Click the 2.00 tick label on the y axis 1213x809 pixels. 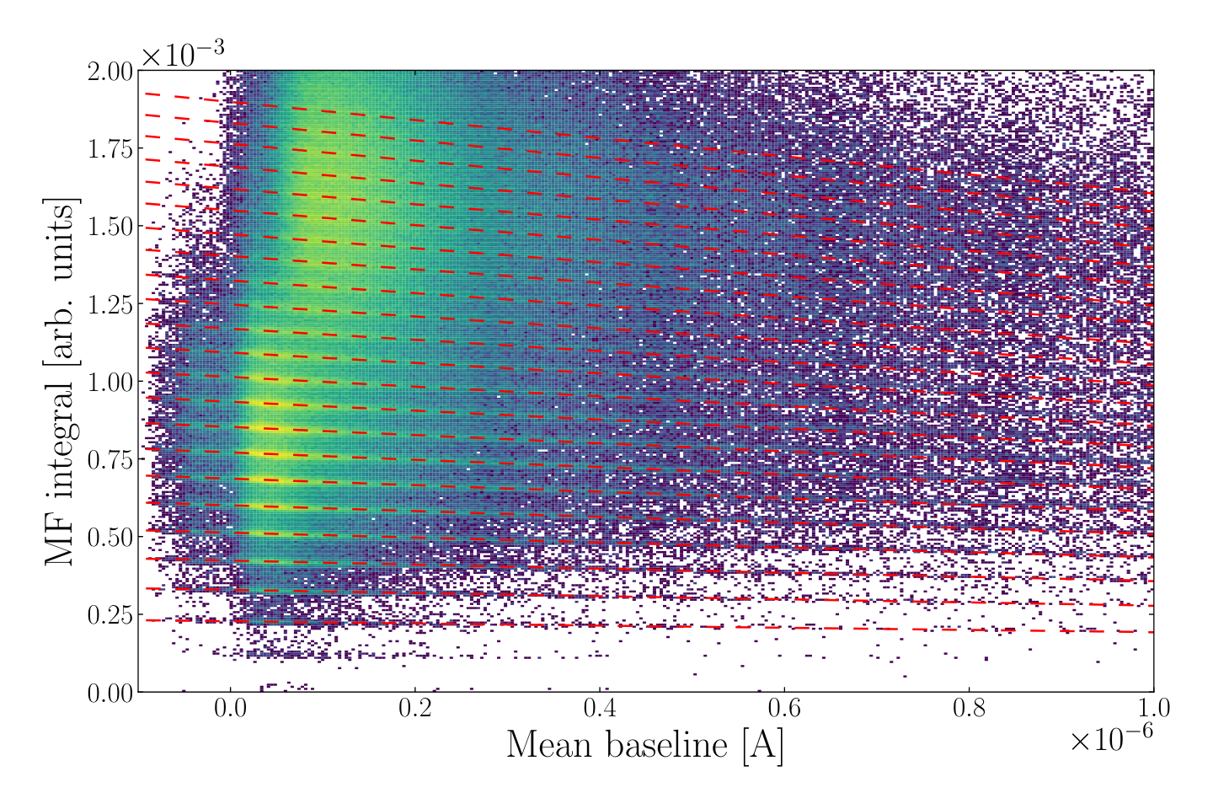(110, 72)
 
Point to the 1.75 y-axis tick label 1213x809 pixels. (110, 149)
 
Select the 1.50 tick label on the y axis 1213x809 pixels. (110, 227)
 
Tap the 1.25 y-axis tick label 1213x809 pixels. (110, 304)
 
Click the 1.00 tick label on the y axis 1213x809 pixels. (110, 382)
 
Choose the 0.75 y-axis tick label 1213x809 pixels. (110, 459)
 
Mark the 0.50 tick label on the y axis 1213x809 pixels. (110, 538)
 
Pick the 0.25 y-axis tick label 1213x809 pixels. (110, 615)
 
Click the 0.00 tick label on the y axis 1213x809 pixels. (110, 693)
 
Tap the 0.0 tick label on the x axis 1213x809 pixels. (230, 708)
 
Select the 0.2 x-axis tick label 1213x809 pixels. (414, 708)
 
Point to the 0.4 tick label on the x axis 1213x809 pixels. (600, 708)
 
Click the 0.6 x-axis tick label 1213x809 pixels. (784, 708)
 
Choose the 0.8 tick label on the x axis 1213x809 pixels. (969, 708)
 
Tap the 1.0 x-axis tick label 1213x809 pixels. (1153, 708)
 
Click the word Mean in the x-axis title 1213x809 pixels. (549, 745)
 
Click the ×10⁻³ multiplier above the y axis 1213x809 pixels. (183, 54)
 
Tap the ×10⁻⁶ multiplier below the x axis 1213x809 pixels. (1111, 737)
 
